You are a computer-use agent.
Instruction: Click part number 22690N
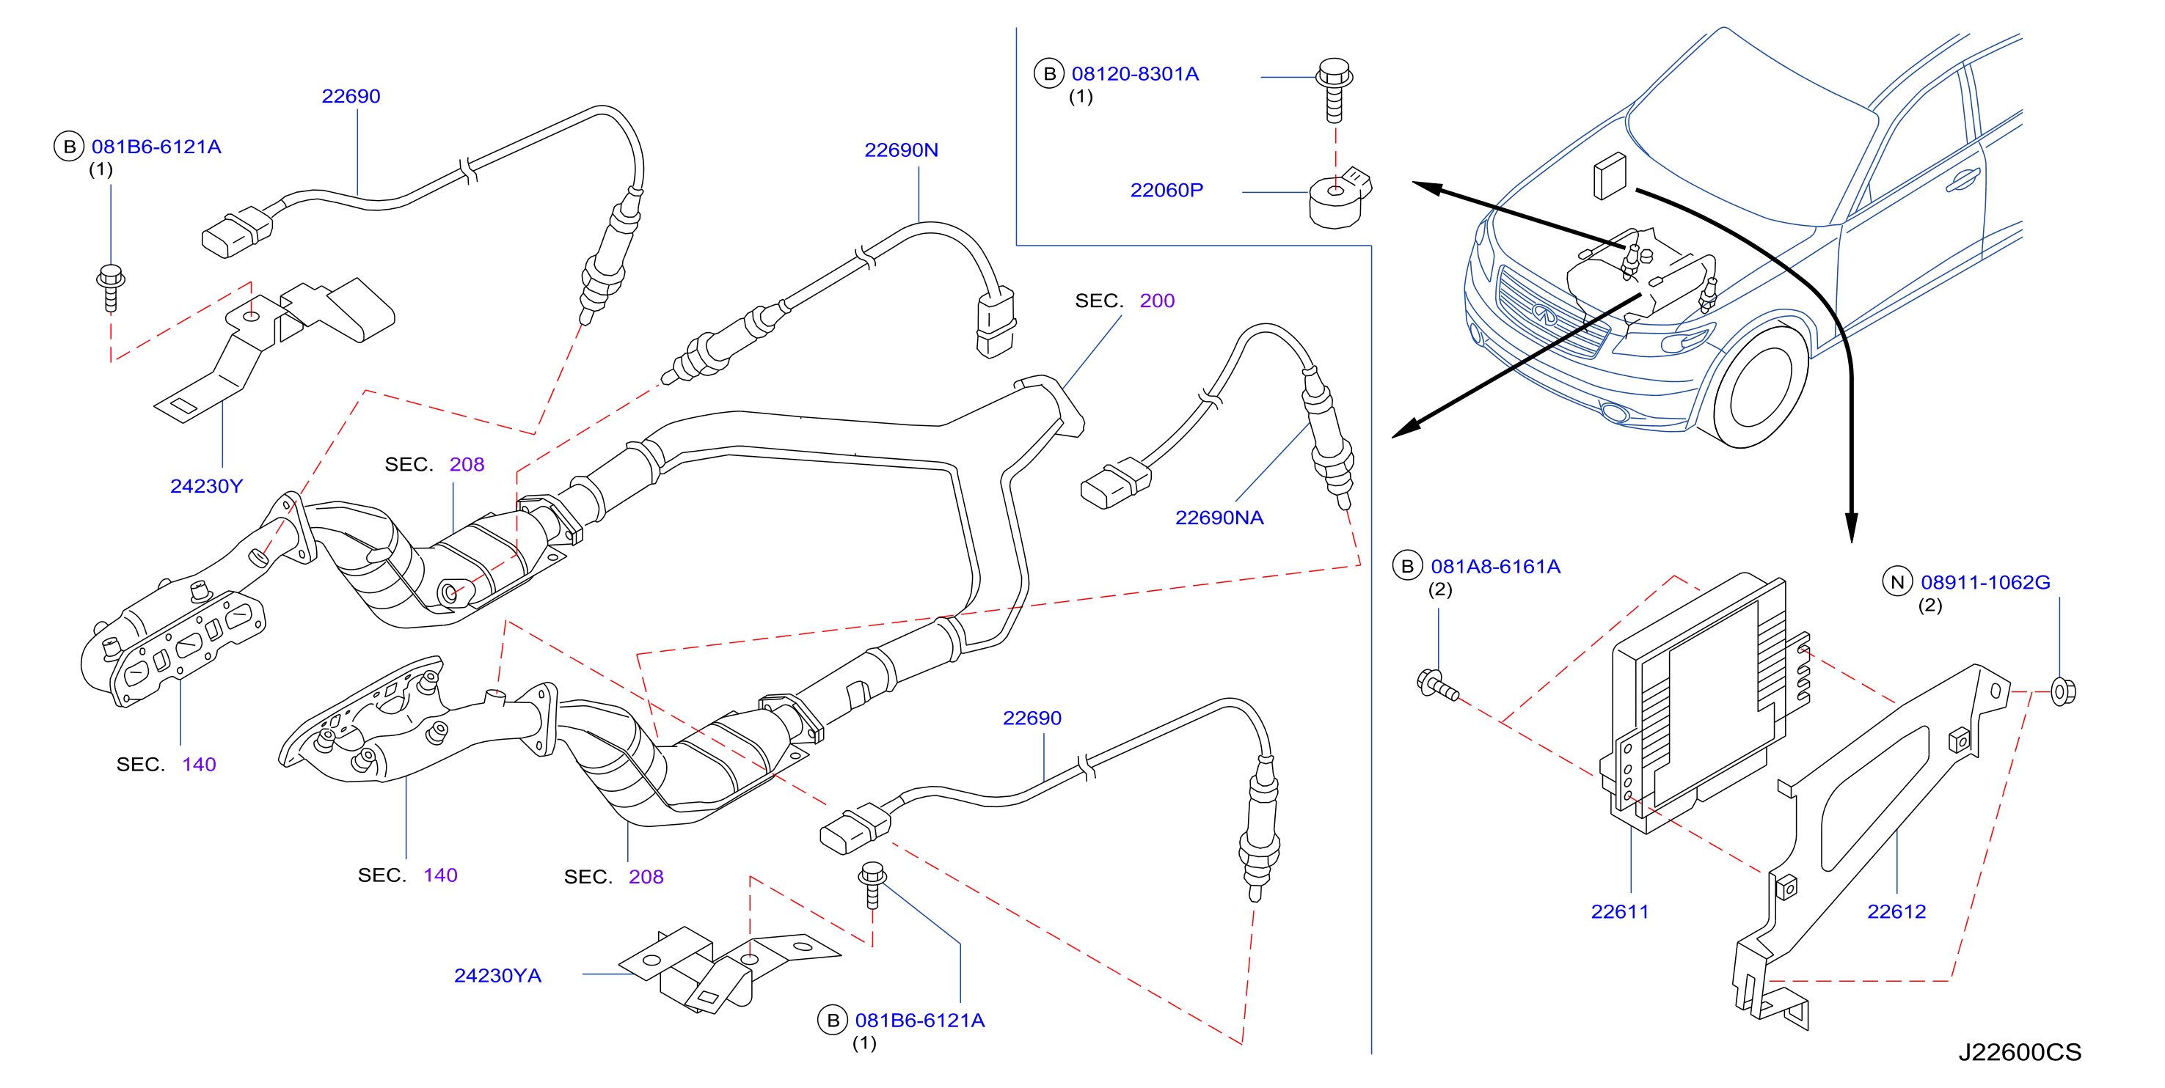tap(901, 150)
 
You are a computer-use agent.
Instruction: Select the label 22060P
tap(1167, 191)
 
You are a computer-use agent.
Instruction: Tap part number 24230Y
tap(207, 487)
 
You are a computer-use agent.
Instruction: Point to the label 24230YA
tap(497, 975)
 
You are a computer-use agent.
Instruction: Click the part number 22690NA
tap(1219, 518)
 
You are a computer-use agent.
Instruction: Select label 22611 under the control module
tap(1620, 911)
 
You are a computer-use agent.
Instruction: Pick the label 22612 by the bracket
tap(1896, 911)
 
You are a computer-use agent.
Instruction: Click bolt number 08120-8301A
tap(1136, 74)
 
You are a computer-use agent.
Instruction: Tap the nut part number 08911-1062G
tap(1985, 582)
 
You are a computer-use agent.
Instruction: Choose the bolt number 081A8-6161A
tap(1496, 567)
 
